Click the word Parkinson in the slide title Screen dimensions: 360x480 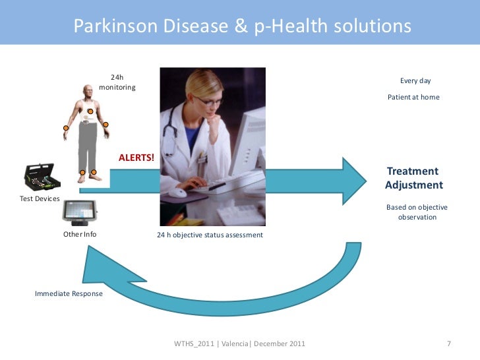click(104, 26)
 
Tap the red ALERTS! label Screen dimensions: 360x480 click(136, 158)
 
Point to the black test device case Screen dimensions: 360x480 click(43, 176)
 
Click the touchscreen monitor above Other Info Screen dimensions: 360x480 click(80, 212)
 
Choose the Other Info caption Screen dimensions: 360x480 click(80, 234)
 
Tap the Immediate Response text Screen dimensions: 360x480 click(69, 293)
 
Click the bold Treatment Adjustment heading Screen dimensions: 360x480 click(413, 178)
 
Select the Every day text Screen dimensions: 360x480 click(415, 80)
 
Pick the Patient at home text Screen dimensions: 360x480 click(413, 97)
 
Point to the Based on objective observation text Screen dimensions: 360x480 click(417, 212)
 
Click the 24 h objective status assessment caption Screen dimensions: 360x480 click(210, 235)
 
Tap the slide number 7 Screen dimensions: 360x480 click(448, 344)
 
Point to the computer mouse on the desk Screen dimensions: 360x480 click(179, 193)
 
